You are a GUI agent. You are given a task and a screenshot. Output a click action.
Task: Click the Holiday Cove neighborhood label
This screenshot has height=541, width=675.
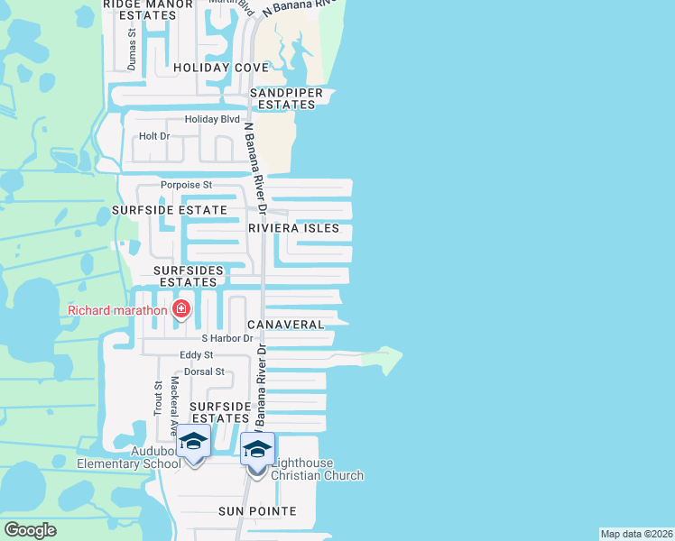(x=221, y=68)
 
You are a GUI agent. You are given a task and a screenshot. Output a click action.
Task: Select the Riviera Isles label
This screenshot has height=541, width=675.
(x=294, y=228)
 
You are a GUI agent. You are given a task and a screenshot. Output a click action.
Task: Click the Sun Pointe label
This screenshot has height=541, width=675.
(x=257, y=511)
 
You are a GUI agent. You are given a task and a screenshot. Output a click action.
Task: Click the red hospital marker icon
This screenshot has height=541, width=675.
(x=181, y=309)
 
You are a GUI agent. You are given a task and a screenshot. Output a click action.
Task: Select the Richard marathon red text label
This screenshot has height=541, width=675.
(x=118, y=311)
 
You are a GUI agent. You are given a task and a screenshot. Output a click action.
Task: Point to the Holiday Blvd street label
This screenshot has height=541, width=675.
(x=212, y=119)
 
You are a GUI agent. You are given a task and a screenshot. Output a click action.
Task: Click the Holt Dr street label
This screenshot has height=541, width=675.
(x=154, y=136)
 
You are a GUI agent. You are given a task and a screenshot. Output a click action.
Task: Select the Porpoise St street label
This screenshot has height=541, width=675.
(x=186, y=185)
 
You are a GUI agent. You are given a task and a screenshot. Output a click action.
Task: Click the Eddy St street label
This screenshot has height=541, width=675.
(x=196, y=355)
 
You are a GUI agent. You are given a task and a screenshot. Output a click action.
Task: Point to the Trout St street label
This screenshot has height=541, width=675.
(x=158, y=398)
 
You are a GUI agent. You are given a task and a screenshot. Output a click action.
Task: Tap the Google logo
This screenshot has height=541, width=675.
(x=30, y=530)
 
